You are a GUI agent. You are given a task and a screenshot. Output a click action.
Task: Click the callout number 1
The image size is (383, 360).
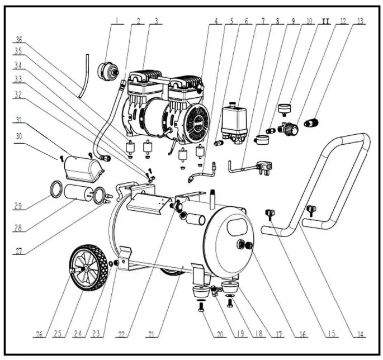point(117,22)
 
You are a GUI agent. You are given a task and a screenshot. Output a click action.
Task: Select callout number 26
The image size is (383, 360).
point(38,335)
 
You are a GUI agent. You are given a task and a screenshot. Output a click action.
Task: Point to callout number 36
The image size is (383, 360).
point(19,40)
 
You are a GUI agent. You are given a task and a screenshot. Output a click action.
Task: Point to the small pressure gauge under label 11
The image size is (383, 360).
point(286,106)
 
